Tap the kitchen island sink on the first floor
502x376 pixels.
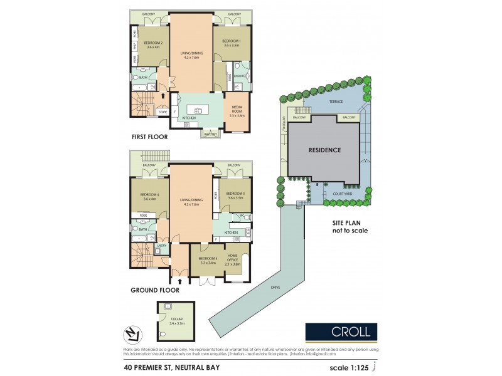(x=198, y=111)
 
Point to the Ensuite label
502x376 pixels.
(x=240, y=76)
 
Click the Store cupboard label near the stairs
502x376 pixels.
(x=163, y=112)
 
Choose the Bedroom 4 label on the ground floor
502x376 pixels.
(x=149, y=195)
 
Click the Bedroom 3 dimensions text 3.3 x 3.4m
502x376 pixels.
(x=207, y=263)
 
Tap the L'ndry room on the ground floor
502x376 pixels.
(x=162, y=246)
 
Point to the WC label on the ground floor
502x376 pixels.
(x=241, y=216)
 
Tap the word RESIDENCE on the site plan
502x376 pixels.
(x=324, y=150)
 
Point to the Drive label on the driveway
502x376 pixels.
(x=275, y=287)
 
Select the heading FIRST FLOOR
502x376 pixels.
(x=149, y=137)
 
